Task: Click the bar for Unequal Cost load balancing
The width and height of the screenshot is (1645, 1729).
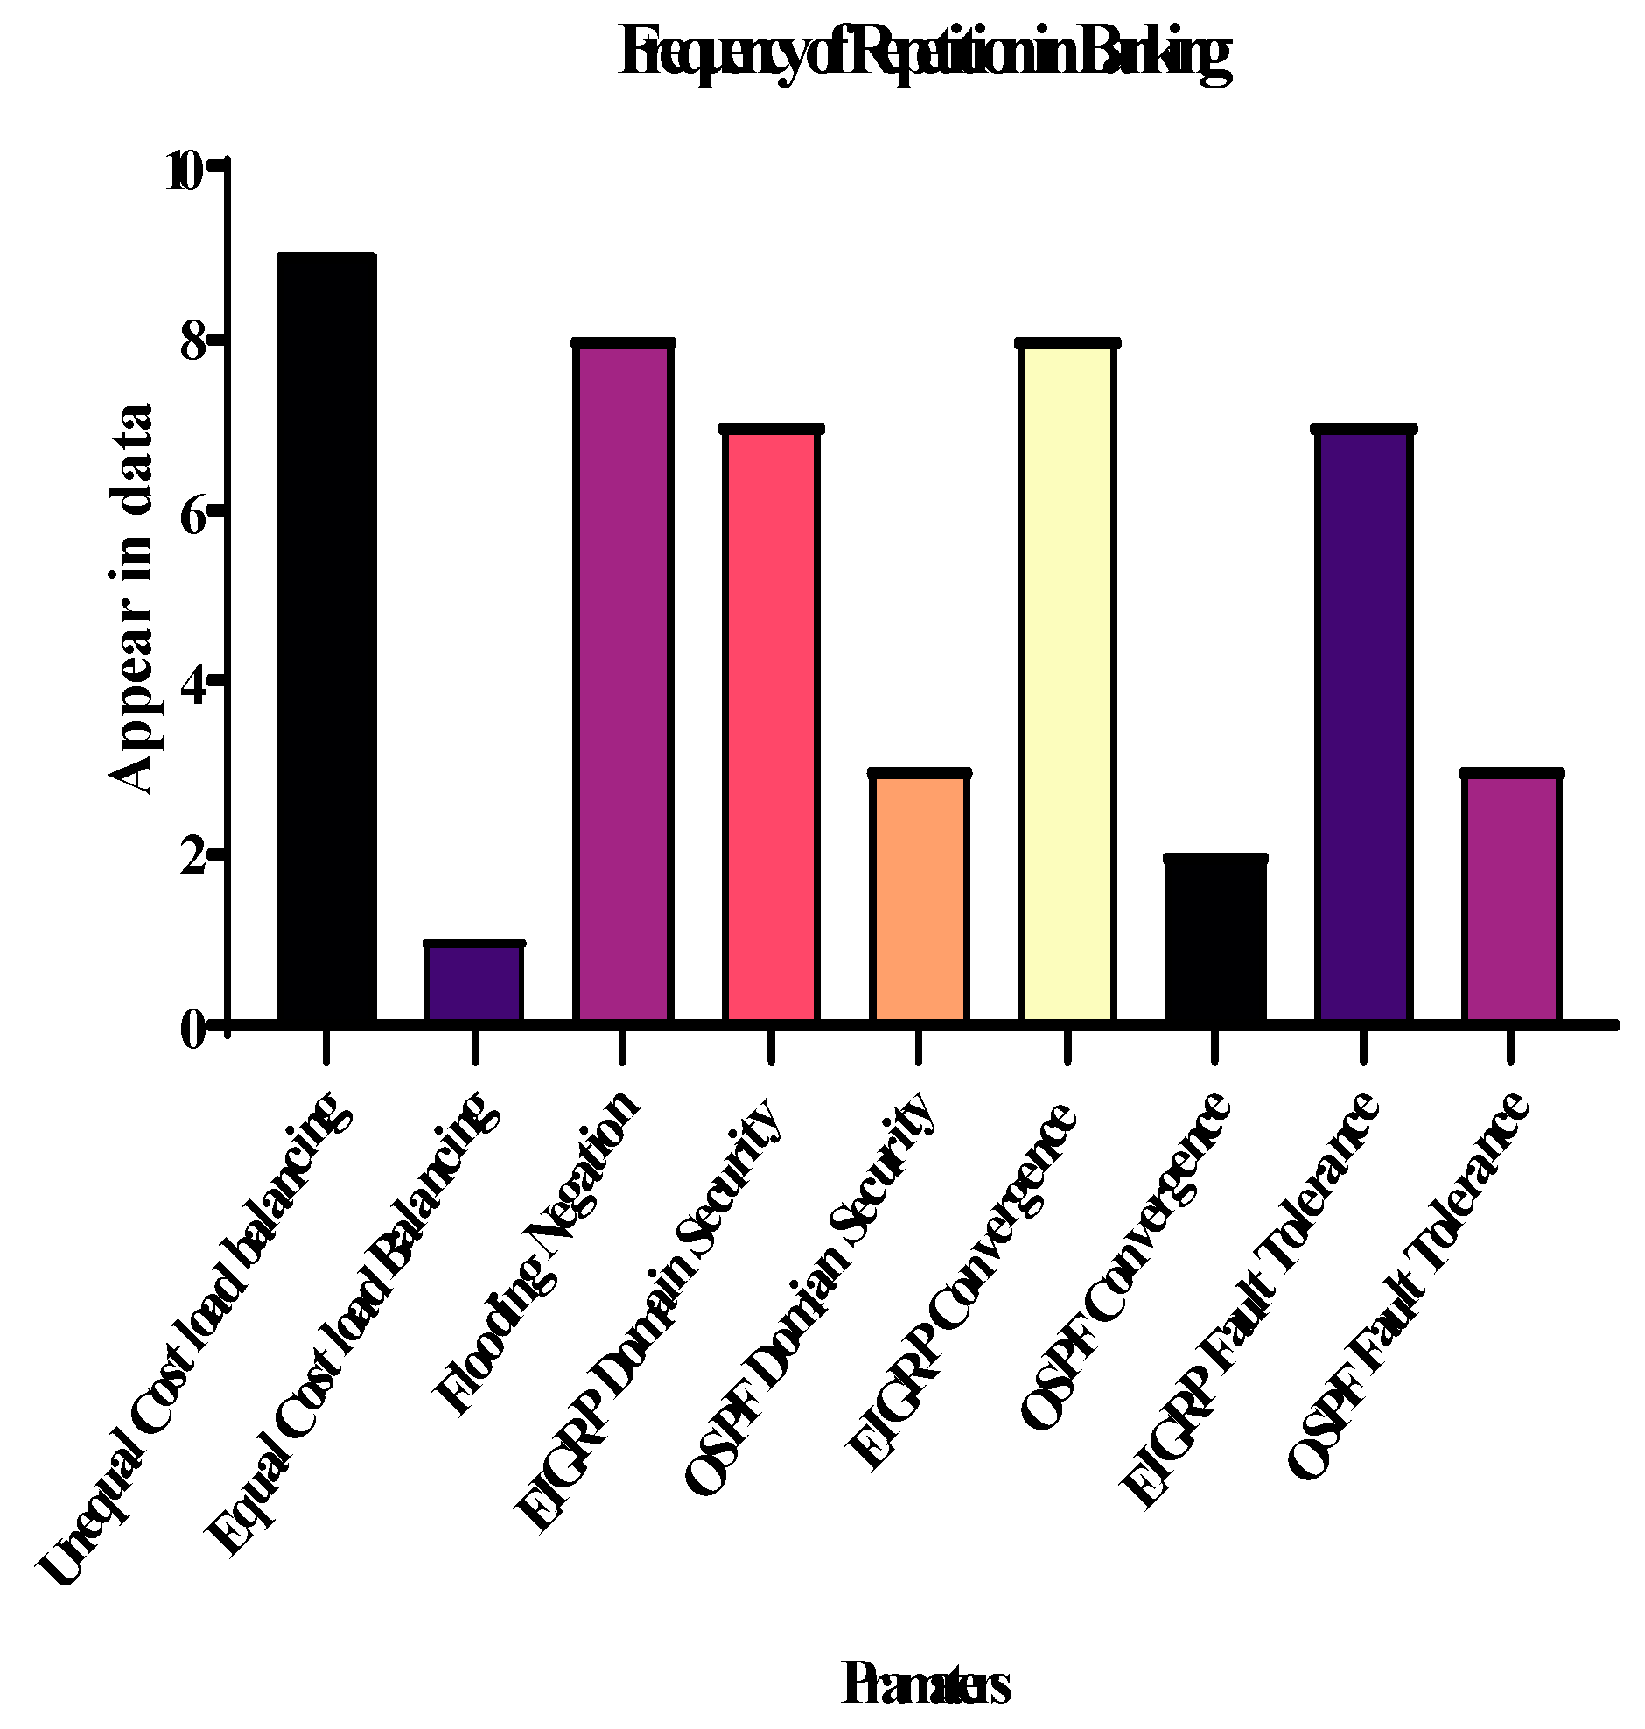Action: (x=326, y=637)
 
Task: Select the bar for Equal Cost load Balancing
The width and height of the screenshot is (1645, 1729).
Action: (x=474, y=982)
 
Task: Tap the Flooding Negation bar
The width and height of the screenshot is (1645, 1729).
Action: (x=623, y=682)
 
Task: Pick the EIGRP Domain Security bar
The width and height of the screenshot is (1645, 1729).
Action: (x=771, y=725)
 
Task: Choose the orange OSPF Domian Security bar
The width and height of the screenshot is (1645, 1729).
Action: (x=919, y=896)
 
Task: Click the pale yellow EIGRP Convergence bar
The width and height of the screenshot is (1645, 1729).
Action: (x=1067, y=682)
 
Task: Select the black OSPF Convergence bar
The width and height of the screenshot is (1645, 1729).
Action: (x=1215, y=938)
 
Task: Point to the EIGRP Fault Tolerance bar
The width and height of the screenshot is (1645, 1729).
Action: (x=1363, y=725)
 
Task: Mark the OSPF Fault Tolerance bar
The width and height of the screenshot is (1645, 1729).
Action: (x=1512, y=896)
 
